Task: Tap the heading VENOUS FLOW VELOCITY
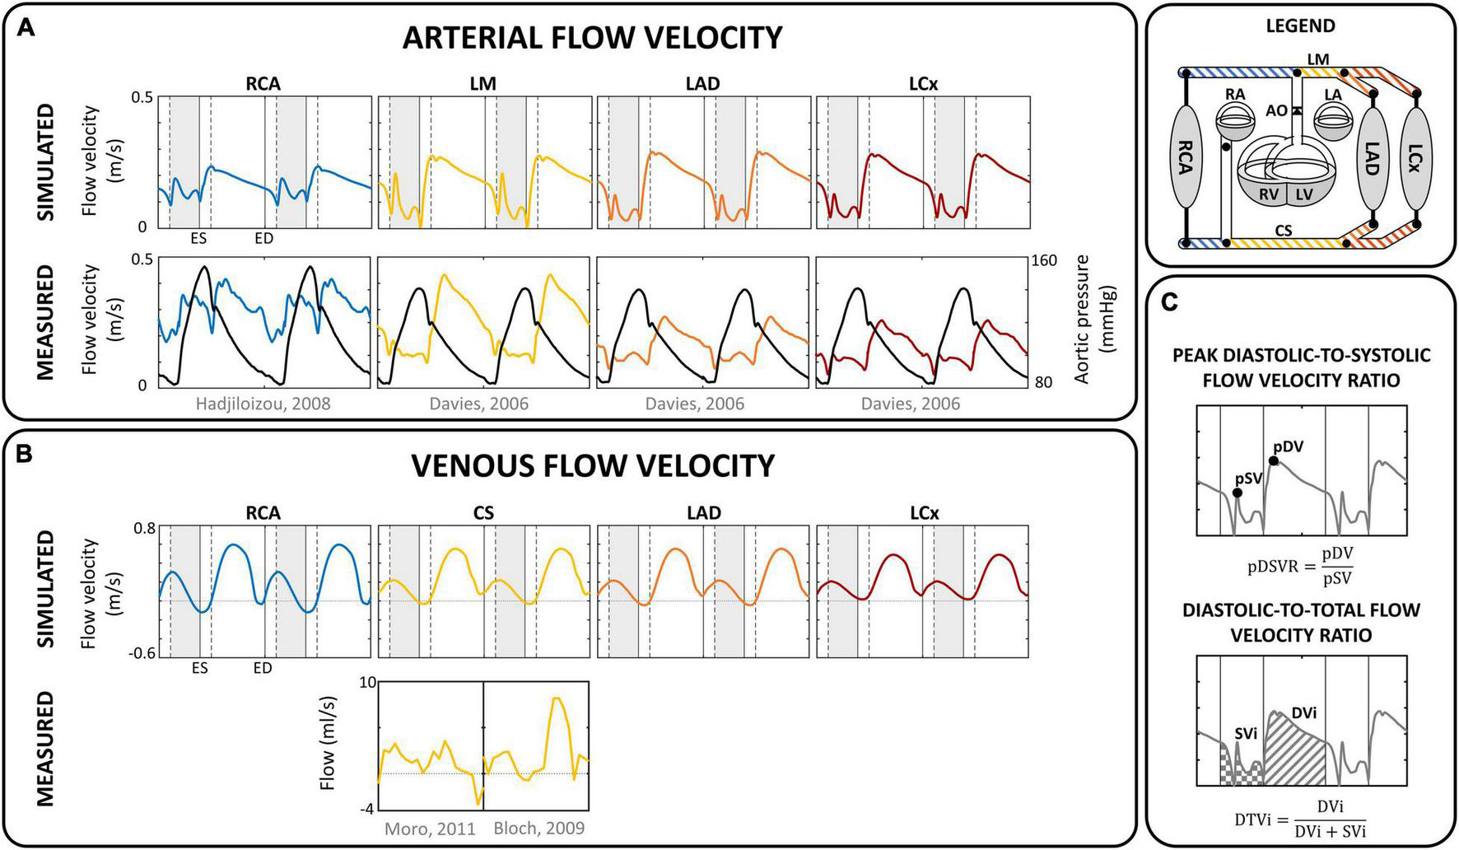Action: tap(593, 465)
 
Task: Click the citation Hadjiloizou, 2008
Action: tap(263, 404)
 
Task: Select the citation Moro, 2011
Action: tap(430, 829)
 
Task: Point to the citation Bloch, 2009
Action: tap(538, 829)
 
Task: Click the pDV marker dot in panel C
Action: tap(1274, 460)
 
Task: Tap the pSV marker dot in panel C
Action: tap(1237, 493)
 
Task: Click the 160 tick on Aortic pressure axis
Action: tap(1043, 261)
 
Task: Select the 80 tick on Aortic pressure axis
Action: tap(1043, 383)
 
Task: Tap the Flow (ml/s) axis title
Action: tap(328, 745)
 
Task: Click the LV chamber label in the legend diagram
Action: tap(1303, 194)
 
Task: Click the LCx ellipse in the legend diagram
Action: tap(1415, 156)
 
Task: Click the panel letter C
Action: tap(1169, 302)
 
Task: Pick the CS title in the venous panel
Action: tap(483, 513)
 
